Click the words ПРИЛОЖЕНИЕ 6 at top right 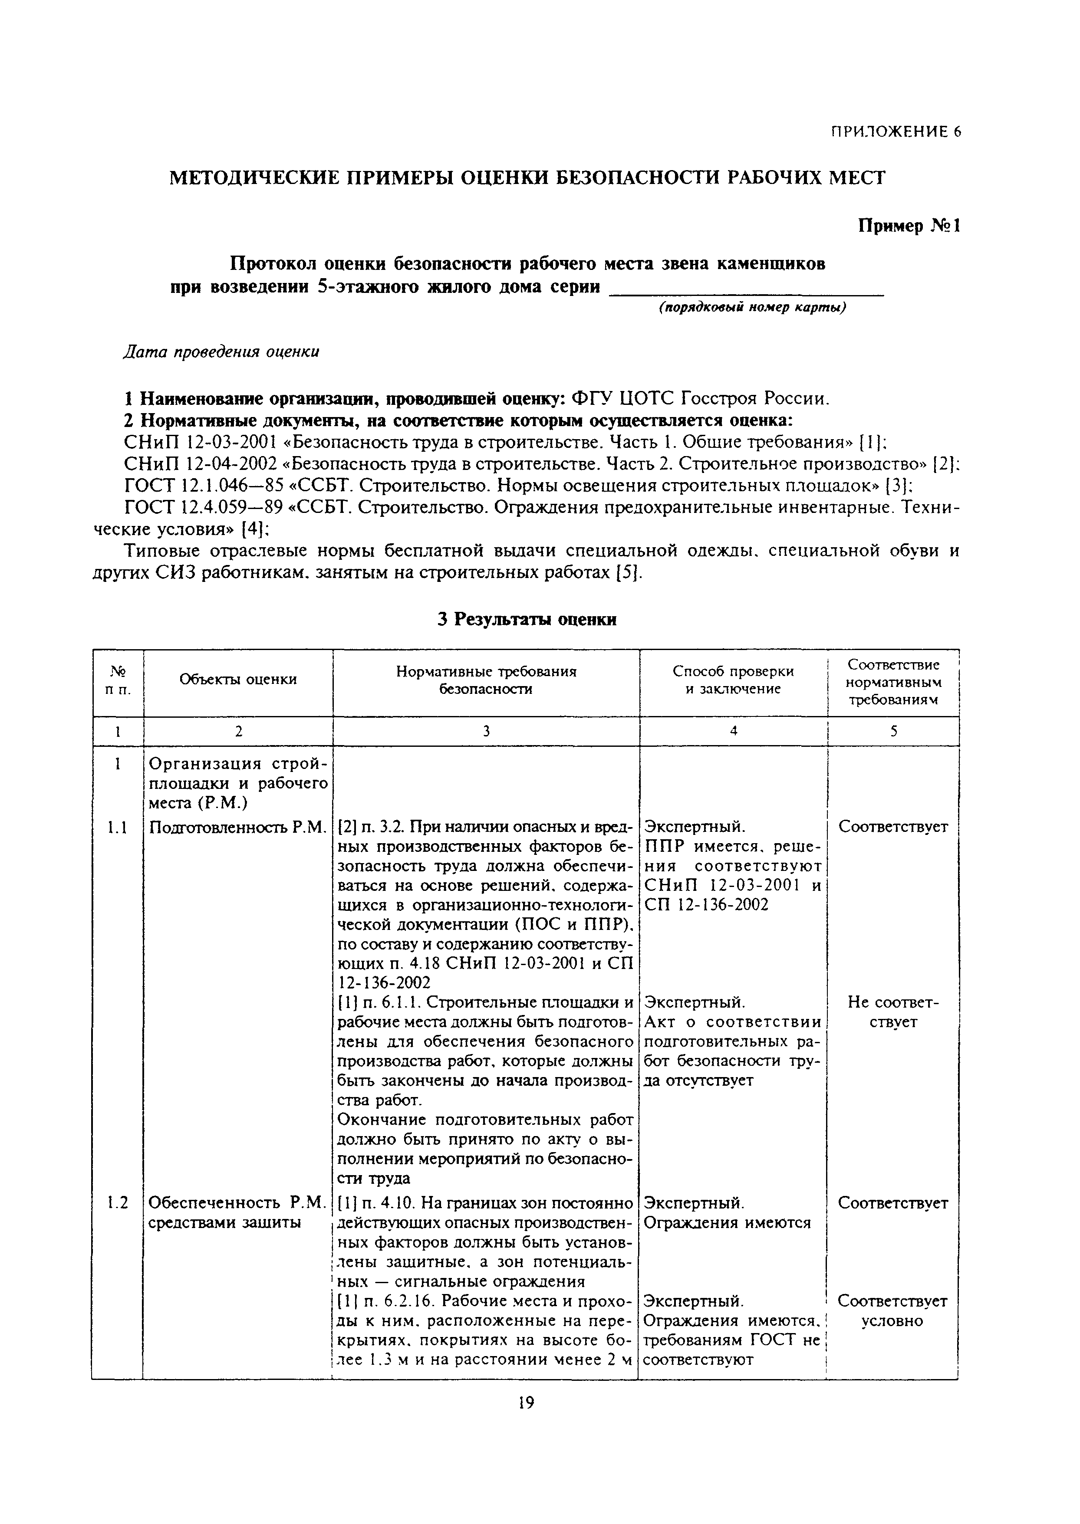coord(895,131)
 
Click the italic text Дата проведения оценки coord(221,351)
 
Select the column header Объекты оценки coord(238,679)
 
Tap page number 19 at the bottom coord(526,1403)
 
